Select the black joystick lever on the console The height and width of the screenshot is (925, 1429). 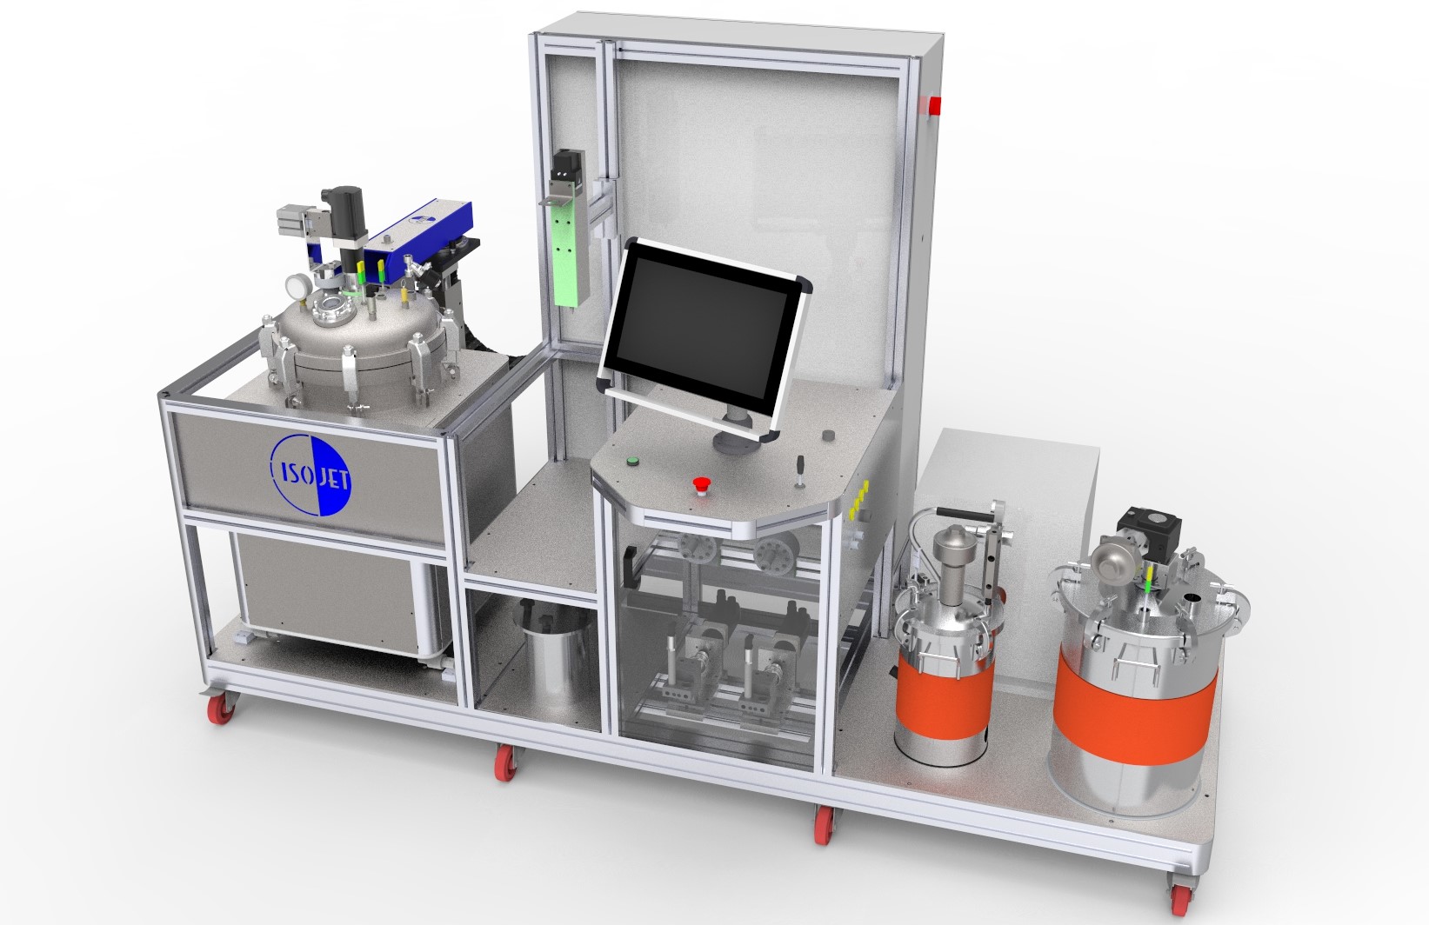click(x=798, y=473)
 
